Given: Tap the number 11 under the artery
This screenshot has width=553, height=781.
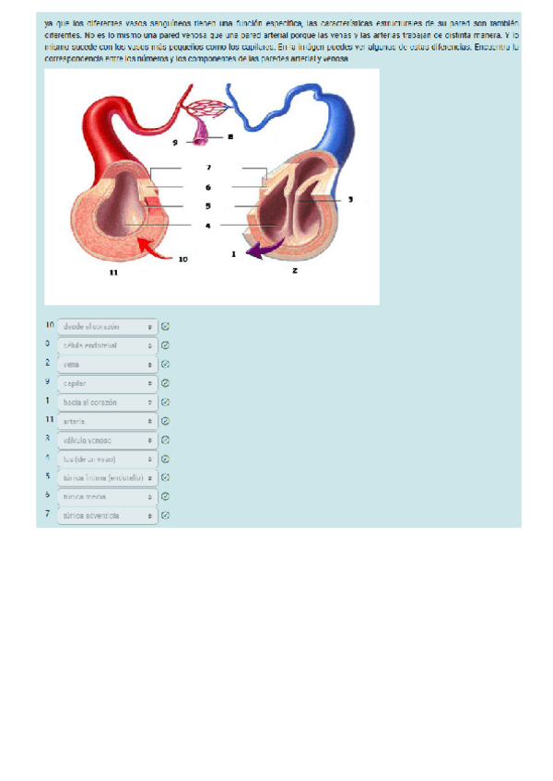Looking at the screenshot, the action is [x=113, y=273].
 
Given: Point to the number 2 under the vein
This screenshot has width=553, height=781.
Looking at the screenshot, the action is [x=294, y=271].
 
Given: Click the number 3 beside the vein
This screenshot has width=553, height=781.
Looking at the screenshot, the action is [x=349, y=198].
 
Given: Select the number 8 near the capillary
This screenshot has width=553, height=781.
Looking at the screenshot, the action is [x=229, y=136].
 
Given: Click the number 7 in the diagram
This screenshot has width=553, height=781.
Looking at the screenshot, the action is [x=209, y=168].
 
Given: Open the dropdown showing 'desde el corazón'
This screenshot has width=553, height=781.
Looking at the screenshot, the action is [x=107, y=326].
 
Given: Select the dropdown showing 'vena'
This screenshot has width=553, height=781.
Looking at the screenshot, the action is [x=107, y=364].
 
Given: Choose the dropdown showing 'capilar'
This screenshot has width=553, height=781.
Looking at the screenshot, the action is [x=107, y=383].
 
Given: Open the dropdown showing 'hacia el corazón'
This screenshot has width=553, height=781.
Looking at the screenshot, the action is [x=107, y=402].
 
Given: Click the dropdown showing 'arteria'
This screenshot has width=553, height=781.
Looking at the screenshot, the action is [x=107, y=421].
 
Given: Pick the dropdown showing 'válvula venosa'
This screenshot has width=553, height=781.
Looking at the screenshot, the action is [x=107, y=440].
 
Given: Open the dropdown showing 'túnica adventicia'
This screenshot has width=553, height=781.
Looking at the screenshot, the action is [x=107, y=516].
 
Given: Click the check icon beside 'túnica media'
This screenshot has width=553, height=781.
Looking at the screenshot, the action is [x=165, y=496].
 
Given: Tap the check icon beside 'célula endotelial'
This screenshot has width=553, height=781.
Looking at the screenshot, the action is [x=165, y=345].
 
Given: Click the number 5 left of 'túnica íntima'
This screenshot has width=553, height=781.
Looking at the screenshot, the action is [x=47, y=476].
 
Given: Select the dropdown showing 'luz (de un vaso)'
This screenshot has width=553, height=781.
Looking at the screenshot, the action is [x=107, y=459].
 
